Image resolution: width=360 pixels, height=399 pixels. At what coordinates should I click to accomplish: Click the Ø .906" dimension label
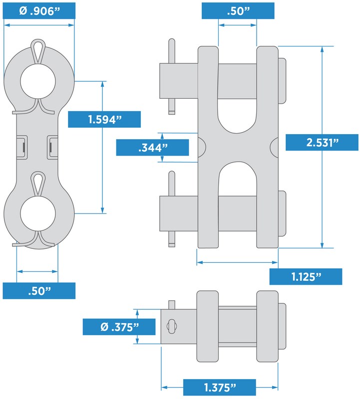point(39,11)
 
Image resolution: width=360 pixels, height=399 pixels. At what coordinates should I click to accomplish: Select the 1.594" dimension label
point(104,119)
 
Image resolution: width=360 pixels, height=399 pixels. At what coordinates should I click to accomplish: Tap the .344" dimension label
point(152,147)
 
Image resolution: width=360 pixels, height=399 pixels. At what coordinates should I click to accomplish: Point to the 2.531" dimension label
point(322,142)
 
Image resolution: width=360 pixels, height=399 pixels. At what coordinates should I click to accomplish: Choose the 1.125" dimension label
point(306,277)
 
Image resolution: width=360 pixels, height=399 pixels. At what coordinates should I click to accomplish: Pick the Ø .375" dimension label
point(119,327)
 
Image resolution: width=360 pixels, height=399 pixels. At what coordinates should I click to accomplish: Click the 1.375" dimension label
point(220,388)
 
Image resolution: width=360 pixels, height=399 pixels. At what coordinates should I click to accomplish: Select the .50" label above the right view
point(238,11)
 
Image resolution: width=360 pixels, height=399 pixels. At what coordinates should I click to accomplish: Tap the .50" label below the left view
point(39,291)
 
